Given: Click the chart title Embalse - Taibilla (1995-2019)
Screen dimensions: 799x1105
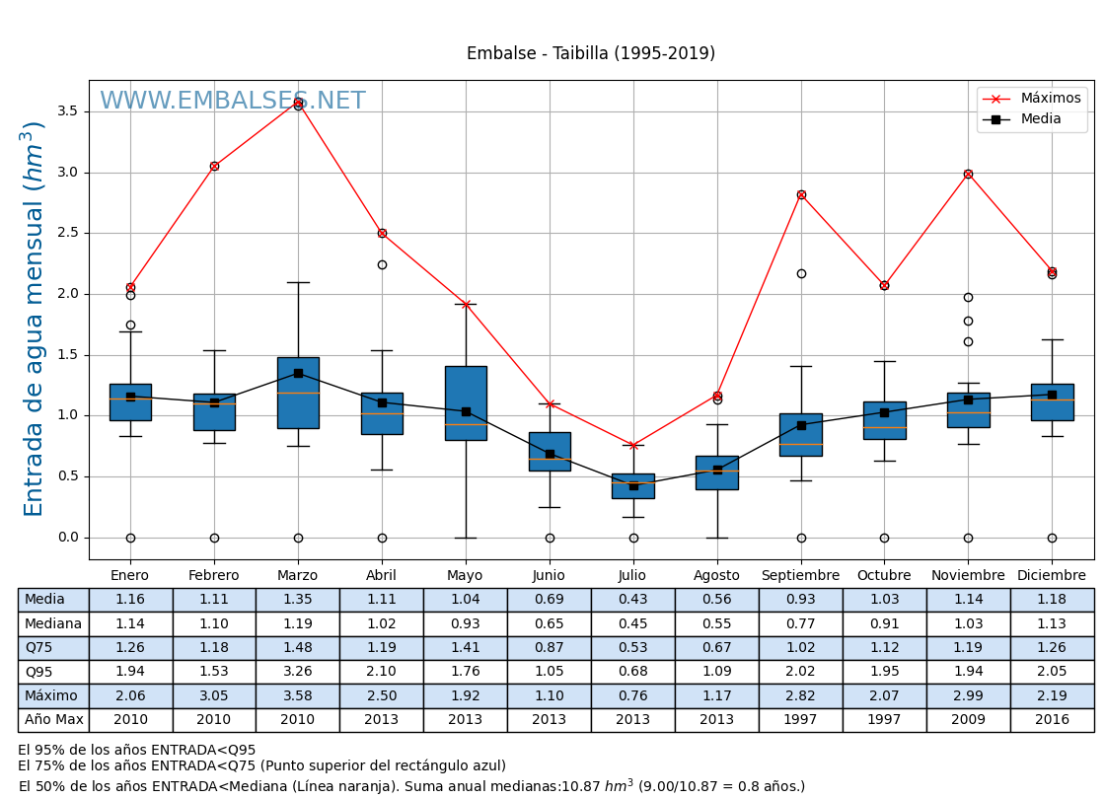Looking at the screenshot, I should pyautogui.click(x=590, y=54).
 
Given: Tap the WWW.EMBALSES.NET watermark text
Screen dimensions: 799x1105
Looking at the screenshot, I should pyautogui.click(x=232, y=102).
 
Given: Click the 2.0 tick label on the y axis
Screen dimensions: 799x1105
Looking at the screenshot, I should pyautogui.click(x=67, y=294).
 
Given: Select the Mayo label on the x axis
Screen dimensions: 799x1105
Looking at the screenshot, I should pyautogui.click(x=465, y=576).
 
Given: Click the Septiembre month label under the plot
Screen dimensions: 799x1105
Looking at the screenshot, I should pyautogui.click(x=800, y=576).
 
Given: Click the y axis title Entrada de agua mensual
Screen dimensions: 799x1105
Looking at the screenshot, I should pyautogui.click(x=35, y=319).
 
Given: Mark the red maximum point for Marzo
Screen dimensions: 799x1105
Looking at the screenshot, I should pyautogui.click(x=298, y=102).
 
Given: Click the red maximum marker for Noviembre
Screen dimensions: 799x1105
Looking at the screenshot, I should pyautogui.click(x=968, y=174).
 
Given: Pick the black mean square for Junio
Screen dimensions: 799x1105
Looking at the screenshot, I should pyautogui.click(x=550, y=454).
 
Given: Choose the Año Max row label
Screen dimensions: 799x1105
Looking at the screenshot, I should pyautogui.click(x=53, y=720).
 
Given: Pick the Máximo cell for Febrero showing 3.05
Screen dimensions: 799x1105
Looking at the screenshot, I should pyautogui.click(x=214, y=696).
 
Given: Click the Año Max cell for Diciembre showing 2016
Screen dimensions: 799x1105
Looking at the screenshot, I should pyautogui.click(x=1052, y=720).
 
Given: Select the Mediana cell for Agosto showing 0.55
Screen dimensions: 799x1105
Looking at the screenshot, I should pyautogui.click(x=716, y=624).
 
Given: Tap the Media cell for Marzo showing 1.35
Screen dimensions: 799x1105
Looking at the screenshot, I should pyautogui.click(x=297, y=600).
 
